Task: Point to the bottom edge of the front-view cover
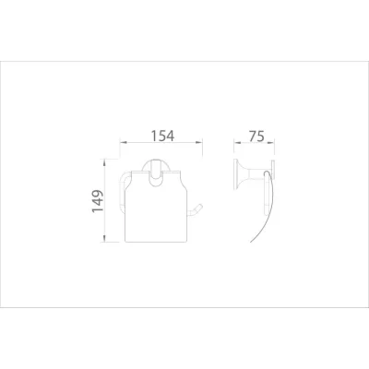pos(161,237)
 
